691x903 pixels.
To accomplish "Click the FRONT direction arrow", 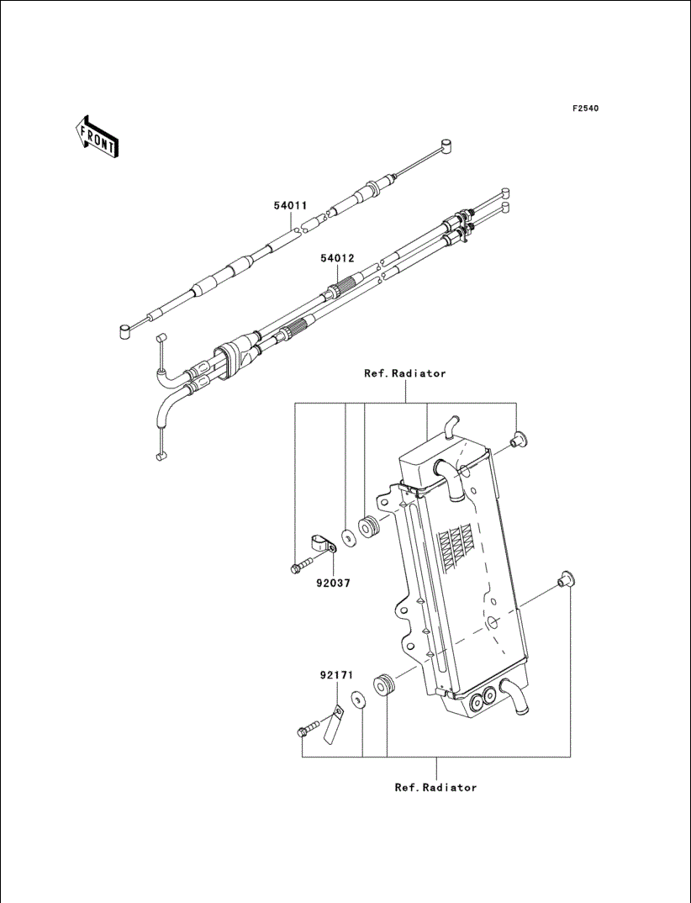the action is (x=97, y=136).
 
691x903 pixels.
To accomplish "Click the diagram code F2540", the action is (x=585, y=108).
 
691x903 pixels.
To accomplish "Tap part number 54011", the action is (x=290, y=205).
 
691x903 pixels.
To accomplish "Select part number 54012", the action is (x=337, y=259).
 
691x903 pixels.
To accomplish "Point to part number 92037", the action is (x=333, y=583).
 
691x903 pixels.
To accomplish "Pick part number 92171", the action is (x=336, y=675).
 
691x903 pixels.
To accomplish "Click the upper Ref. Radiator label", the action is (x=405, y=373).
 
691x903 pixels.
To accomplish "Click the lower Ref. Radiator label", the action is (x=436, y=787).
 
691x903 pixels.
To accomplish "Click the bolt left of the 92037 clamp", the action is (x=302, y=566).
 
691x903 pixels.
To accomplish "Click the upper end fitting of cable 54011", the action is (x=446, y=145).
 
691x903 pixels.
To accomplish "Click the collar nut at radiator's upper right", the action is (x=519, y=439).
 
